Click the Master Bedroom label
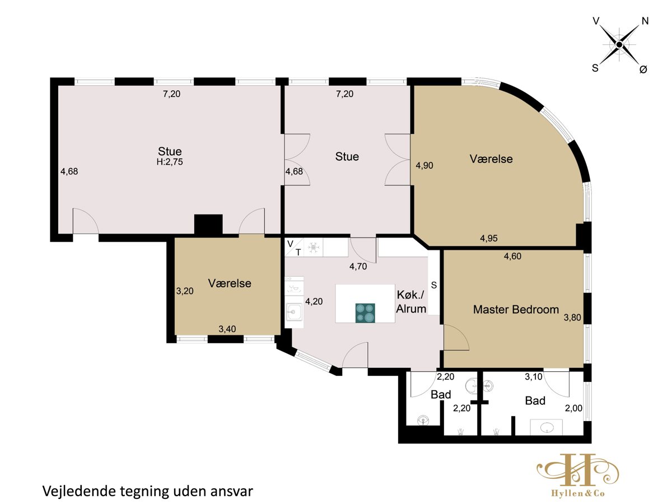tap(516, 309)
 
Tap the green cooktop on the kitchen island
tap(365, 312)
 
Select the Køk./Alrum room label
tap(411, 302)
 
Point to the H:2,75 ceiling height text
tap(170, 162)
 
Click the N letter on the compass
tap(645, 21)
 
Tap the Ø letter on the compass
tap(643, 69)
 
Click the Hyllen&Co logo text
tap(577, 493)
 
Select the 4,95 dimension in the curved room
tap(489, 238)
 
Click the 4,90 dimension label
tap(424, 165)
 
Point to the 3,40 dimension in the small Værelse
tap(227, 329)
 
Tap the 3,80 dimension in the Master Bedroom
tap(572, 318)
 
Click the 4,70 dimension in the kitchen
tap(358, 266)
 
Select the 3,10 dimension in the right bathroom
tap(534, 377)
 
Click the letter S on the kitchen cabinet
tap(434, 285)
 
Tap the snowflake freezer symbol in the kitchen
tap(313, 248)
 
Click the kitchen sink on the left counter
tap(294, 312)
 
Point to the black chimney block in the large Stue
tap(208, 225)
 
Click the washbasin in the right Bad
tap(547, 427)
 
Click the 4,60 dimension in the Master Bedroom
tap(512, 256)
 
